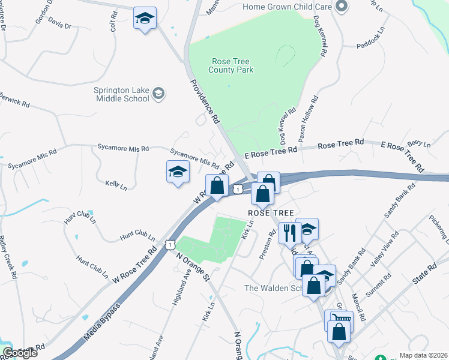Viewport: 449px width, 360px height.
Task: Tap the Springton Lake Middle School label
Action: (121, 94)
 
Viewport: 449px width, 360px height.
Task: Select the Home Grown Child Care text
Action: (287, 7)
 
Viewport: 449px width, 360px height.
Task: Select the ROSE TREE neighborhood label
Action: (271, 214)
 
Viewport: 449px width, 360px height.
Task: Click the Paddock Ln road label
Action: (373, 45)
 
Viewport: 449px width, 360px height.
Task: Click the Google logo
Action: (20, 353)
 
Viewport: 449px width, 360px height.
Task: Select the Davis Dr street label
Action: (59, 26)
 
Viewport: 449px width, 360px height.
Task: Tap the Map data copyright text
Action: (423, 355)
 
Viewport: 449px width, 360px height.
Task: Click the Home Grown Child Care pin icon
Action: (342, 7)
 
